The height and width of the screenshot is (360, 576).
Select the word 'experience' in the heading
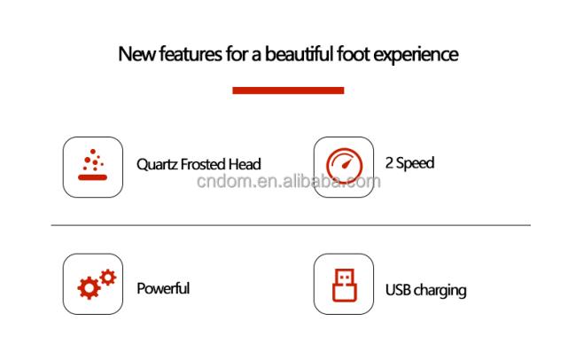coord(416,55)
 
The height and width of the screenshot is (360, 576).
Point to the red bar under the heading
coord(288,90)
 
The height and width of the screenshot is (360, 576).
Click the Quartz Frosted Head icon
coord(92,165)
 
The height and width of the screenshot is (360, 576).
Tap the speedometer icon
coord(344,166)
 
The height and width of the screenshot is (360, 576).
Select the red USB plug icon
coord(344,285)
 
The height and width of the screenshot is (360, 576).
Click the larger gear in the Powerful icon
coord(89,287)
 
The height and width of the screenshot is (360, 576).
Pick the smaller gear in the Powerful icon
coord(107,278)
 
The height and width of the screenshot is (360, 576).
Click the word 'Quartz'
coord(157,164)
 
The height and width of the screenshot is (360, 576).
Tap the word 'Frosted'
coord(203,164)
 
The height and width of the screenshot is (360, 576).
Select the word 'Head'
coord(245,164)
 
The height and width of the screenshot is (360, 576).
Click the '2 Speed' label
coord(409,163)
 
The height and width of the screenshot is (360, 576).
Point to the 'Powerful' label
coord(163,288)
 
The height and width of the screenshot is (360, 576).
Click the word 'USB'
coord(398,290)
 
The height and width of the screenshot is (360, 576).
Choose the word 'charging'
coord(440,291)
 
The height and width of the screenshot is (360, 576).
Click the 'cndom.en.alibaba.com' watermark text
coord(289,181)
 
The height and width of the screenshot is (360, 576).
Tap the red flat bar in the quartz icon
coord(92,177)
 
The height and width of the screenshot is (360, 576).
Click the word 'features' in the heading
coord(191,54)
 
